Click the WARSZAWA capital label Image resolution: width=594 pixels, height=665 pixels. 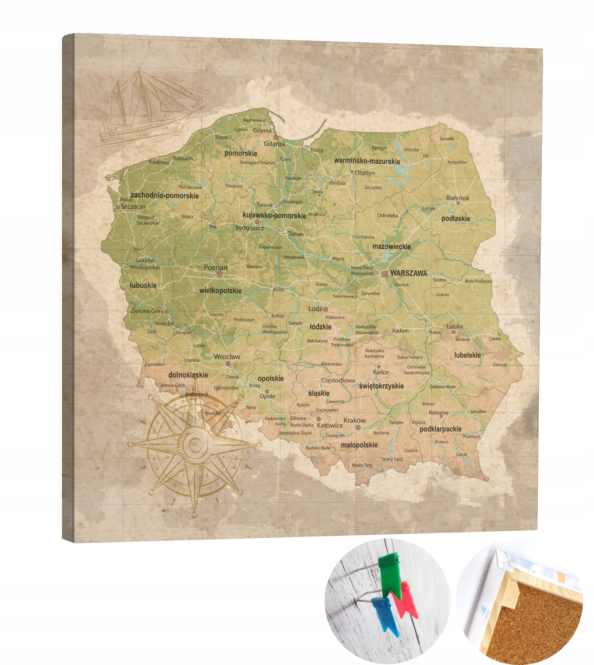(x=409, y=273)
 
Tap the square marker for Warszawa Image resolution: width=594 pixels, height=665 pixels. (x=385, y=274)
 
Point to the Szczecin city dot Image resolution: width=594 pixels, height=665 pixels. (x=118, y=207)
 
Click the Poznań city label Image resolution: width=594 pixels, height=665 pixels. (x=216, y=268)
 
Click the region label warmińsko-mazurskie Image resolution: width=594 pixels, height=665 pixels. (x=367, y=161)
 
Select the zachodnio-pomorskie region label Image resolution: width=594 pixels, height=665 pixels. (x=165, y=196)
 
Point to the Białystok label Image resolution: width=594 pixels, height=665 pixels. (x=458, y=198)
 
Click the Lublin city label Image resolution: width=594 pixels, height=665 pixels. (x=455, y=327)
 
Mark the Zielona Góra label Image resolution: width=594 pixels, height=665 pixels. (x=147, y=311)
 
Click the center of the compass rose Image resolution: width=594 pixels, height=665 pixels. (x=195, y=444)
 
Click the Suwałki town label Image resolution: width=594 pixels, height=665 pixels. (x=447, y=139)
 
